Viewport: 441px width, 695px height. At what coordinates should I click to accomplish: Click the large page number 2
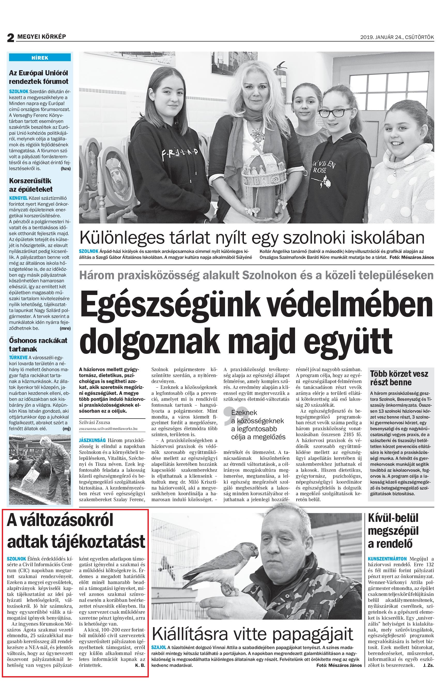(10, 37)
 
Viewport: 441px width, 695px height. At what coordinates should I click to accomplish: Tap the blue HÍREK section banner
(40, 58)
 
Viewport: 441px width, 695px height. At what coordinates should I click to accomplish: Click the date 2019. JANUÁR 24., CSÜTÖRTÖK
(397, 37)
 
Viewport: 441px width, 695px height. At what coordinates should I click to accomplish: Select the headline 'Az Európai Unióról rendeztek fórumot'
(39, 77)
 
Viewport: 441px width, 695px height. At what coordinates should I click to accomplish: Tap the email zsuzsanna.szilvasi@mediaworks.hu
(108, 429)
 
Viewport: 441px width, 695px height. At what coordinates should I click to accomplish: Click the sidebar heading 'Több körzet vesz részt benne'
(399, 378)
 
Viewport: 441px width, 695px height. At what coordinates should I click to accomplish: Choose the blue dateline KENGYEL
(18, 198)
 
